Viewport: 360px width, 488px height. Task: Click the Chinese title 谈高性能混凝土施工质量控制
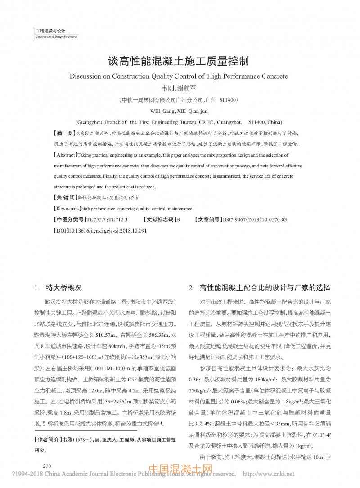[179, 61]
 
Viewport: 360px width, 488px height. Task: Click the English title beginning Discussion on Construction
[179, 76]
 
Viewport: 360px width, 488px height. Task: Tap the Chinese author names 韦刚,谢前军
[179, 89]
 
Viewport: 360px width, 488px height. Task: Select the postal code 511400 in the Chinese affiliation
[229, 99]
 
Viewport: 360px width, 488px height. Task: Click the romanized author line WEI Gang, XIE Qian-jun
[179, 111]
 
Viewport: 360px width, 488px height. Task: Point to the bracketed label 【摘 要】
[64, 134]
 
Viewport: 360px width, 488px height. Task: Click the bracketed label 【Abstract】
[66, 155]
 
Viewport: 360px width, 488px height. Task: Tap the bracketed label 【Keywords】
[67, 209]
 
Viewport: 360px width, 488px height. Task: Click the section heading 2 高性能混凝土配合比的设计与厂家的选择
[260, 287]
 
